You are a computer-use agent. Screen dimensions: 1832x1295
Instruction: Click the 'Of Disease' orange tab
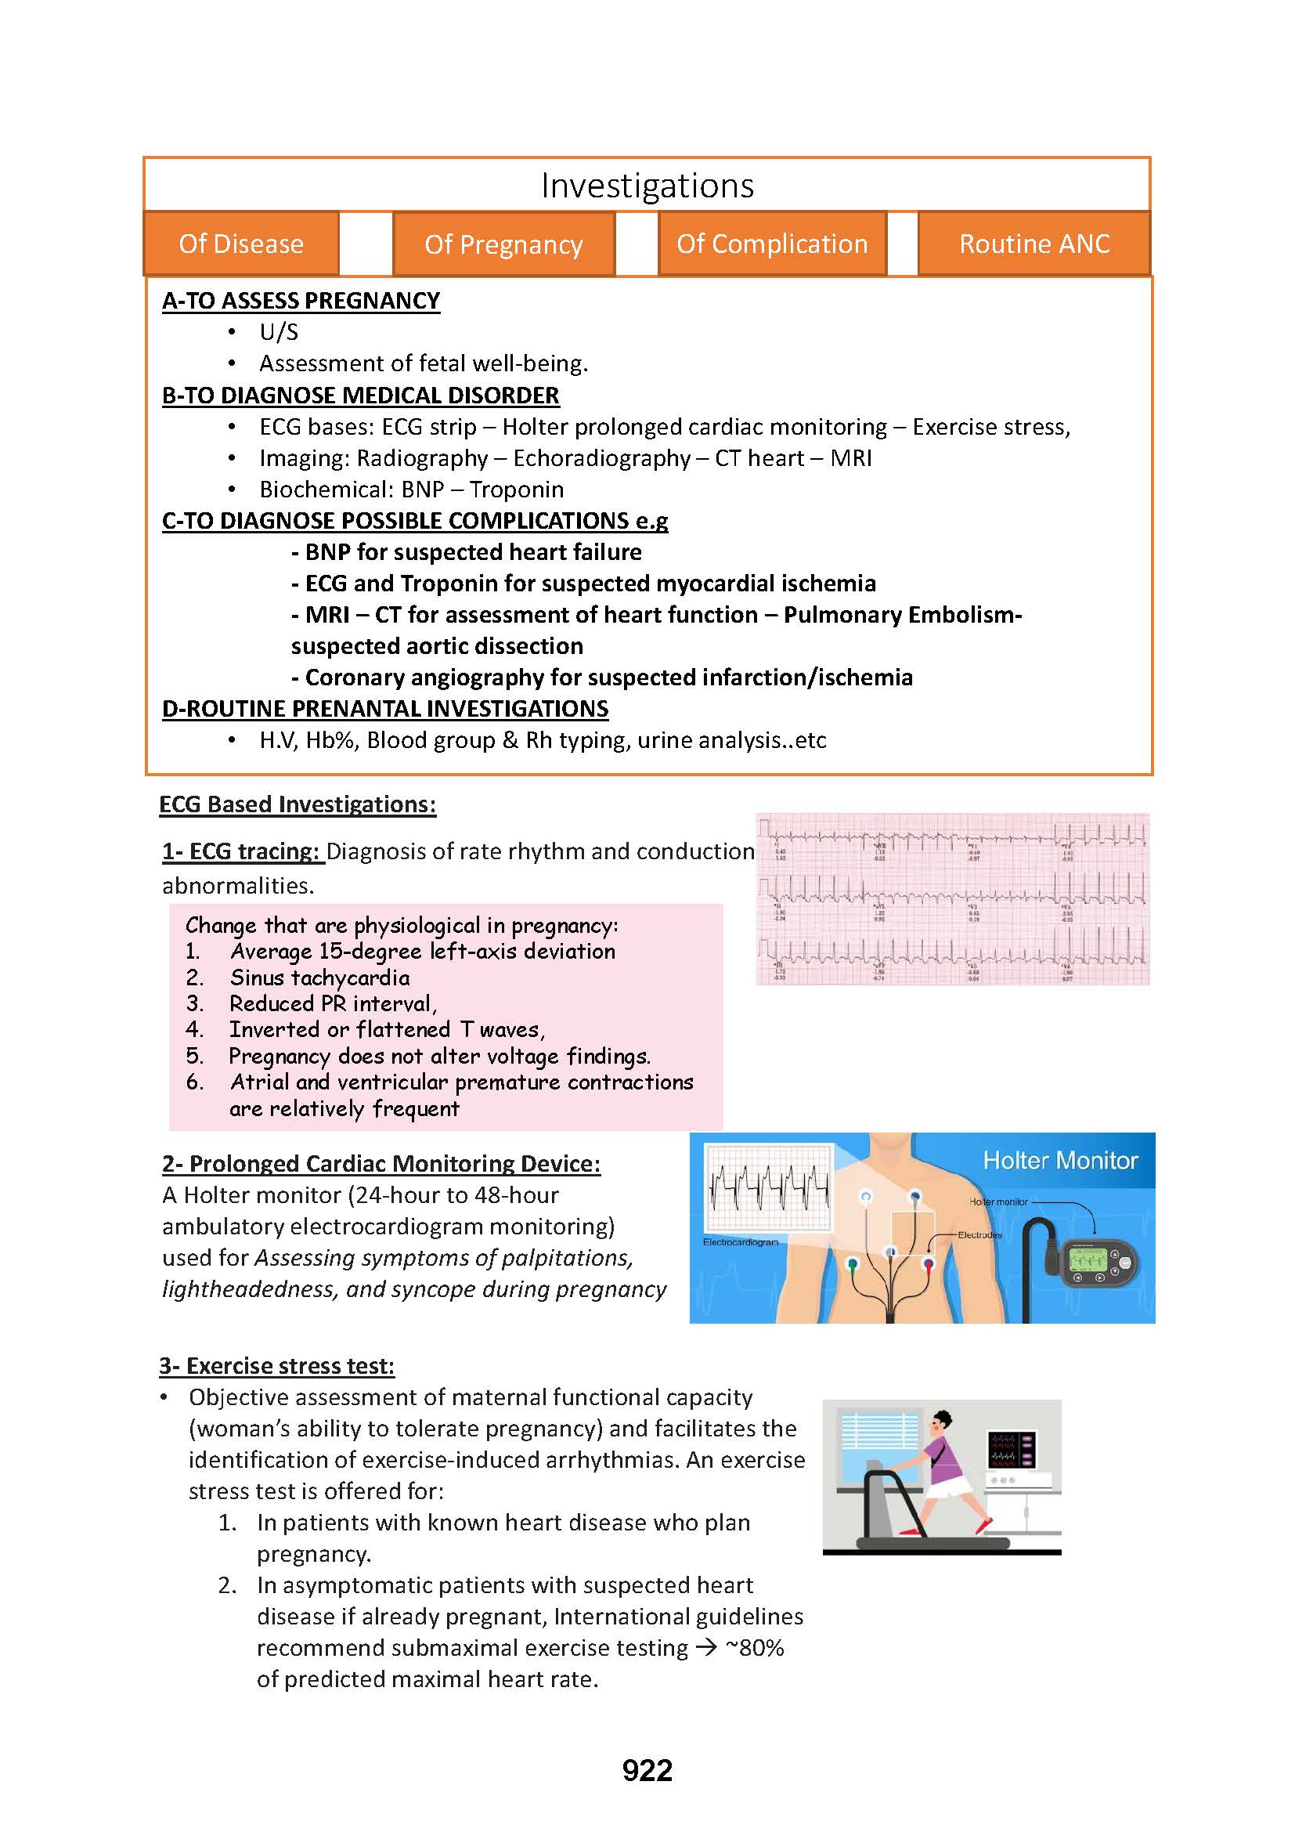point(241,244)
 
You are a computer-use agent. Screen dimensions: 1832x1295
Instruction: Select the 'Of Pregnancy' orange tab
point(503,244)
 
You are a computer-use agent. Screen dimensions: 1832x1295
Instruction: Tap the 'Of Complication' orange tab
point(772,244)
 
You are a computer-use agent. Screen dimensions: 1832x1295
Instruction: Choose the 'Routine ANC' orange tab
point(1034,244)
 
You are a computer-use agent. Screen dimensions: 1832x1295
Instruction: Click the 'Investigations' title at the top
point(647,186)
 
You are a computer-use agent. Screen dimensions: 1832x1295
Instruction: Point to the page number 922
point(647,1771)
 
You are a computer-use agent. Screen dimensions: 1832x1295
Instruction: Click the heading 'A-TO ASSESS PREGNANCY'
point(301,301)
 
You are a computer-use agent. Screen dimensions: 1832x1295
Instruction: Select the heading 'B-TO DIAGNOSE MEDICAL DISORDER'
point(360,396)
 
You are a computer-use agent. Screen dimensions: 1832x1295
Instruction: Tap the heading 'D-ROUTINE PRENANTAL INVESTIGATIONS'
point(385,709)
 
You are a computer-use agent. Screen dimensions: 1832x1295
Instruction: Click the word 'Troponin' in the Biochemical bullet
point(516,489)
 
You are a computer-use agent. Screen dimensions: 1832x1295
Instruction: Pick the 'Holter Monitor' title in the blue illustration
point(1060,1160)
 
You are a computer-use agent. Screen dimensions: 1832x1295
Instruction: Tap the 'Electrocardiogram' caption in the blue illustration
point(740,1242)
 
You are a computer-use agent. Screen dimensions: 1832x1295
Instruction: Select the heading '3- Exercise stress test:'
point(276,1366)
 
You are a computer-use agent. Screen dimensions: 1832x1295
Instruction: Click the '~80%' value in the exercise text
point(754,1648)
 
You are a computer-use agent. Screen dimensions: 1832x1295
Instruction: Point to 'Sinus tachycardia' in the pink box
point(319,977)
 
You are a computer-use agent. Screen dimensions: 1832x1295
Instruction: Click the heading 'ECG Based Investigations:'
point(298,804)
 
